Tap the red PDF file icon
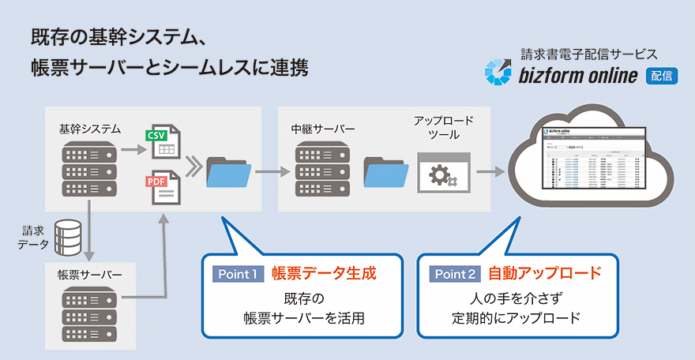163,186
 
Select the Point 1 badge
237,274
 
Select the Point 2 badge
453,274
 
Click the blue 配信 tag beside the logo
660,76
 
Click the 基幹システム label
90,128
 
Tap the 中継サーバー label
324,128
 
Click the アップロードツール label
443,128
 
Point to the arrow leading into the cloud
490,171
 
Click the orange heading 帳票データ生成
323,274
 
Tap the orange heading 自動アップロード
545,274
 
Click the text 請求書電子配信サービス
589,54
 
